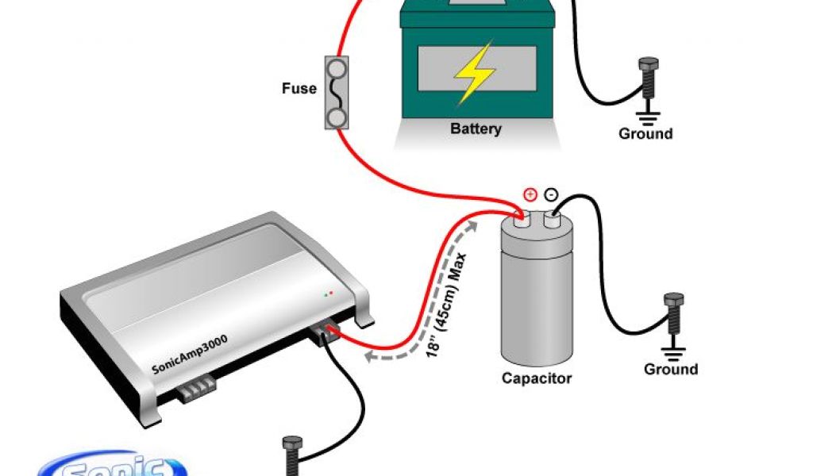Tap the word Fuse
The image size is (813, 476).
(x=299, y=89)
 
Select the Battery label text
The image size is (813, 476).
(x=476, y=129)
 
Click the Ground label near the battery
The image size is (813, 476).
(x=645, y=133)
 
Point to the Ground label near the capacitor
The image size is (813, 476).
(x=671, y=369)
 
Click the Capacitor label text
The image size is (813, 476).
(x=538, y=378)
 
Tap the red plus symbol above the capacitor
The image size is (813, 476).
(x=530, y=194)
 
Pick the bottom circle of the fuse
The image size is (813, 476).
(x=336, y=118)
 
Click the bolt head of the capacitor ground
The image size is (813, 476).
(x=674, y=301)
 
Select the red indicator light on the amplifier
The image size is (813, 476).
(x=331, y=294)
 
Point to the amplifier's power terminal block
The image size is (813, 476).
(x=327, y=332)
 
